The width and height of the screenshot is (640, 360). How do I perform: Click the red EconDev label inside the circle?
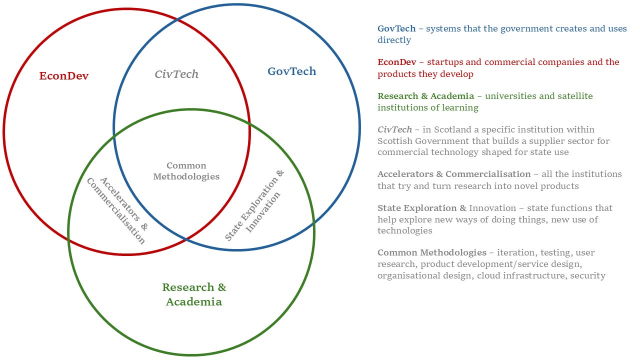tap(64, 76)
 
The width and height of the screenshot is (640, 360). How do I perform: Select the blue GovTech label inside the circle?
tap(291, 71)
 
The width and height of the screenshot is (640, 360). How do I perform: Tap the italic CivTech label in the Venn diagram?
tap(176, 74)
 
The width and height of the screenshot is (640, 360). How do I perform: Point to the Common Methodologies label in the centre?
tap(186, 171)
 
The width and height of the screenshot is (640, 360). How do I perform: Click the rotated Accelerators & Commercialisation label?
tap(117, 210)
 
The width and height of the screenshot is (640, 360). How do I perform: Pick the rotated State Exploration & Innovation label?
tap(254, 205)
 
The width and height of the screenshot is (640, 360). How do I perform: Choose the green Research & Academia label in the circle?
tap(194, 294)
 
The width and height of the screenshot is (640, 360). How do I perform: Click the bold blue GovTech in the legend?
tap(396, 28)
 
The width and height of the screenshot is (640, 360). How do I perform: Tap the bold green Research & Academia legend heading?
tap(425, 95)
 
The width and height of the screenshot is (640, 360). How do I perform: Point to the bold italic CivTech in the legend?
tap(395, 129)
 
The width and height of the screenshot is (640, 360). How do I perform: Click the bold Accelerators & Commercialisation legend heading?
tap(454, 174)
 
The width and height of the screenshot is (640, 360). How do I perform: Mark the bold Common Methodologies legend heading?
tap(432, 252)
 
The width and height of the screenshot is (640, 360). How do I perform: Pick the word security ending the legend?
tap(588, 275)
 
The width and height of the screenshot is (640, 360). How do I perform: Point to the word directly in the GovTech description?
tap(394, 40)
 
